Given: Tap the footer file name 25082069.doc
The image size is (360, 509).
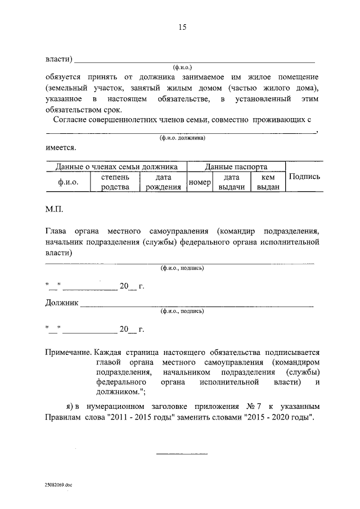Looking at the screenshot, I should [60, 483].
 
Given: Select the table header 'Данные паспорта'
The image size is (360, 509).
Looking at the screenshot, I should [236, 166].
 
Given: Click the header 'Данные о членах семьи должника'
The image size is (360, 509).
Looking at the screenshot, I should [116, 166].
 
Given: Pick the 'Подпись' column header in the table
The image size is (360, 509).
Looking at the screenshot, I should [304, 177].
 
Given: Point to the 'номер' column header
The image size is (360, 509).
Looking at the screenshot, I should [199, 182].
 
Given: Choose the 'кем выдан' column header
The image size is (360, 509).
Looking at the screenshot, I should [268, 182].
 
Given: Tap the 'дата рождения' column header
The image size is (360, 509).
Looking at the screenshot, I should [163, 182].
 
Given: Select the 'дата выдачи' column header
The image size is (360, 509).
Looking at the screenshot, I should [231, 182].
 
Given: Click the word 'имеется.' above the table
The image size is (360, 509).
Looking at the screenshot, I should [60, 148].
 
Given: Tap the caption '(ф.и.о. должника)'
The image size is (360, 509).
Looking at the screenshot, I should [181, 138].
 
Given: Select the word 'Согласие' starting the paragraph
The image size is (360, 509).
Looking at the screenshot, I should [70, 120].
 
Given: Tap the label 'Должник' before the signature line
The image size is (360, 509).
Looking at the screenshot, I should [62, 304].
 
